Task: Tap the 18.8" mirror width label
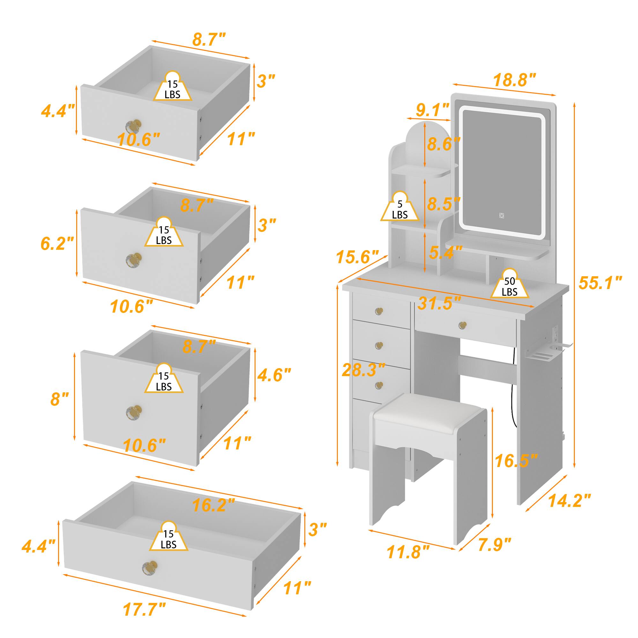coord(514,81)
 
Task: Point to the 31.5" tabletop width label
coord(439,303)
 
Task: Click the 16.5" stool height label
coord(516,460)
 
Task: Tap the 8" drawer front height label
coord(59,399)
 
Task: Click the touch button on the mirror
coord(501,216)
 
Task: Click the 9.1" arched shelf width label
coord(433,110)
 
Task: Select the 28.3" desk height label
coord(364,369)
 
